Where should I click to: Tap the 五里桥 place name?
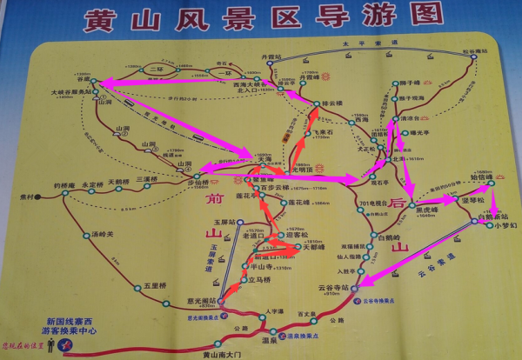point(155,284)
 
